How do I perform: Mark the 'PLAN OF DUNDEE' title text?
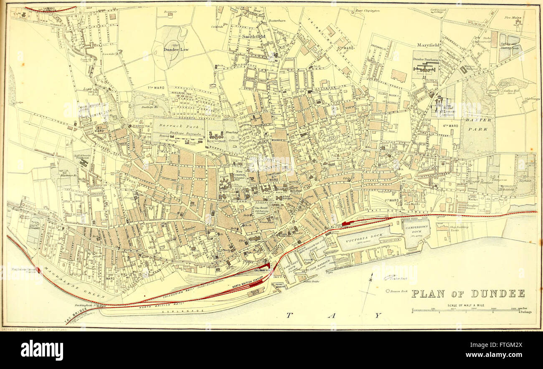468,293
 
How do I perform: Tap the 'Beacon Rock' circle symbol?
387,291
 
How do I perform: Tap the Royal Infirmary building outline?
217,135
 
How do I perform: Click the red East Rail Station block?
346,223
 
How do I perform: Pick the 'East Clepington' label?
367,10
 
